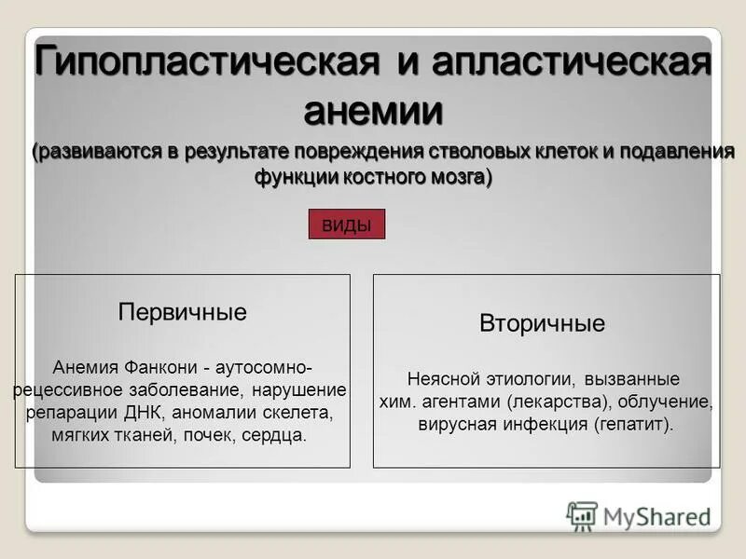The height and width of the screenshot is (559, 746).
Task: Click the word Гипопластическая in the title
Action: pyautogui.click(x=206, y=64)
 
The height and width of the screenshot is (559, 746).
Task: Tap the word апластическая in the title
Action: pyautogui.click(x=564, y=64)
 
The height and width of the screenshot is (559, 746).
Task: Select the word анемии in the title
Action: pyautogui.click(x=373, y=112)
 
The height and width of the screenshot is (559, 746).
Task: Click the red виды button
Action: pyautogui.click(x=346, y=225)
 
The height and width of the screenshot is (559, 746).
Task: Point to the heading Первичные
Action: pyautogui.click(x=183, y=312)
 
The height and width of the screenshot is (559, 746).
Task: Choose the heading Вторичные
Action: pyautogui.click(x=542, y=324)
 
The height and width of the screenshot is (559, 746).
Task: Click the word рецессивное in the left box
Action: pyautogui.click(x=63, y=389)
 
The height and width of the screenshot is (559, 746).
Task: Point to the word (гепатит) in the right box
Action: pyautogui.click(x=631, y=425)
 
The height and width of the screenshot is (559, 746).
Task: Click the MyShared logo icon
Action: pyautogui.click(x=582, y=515)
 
